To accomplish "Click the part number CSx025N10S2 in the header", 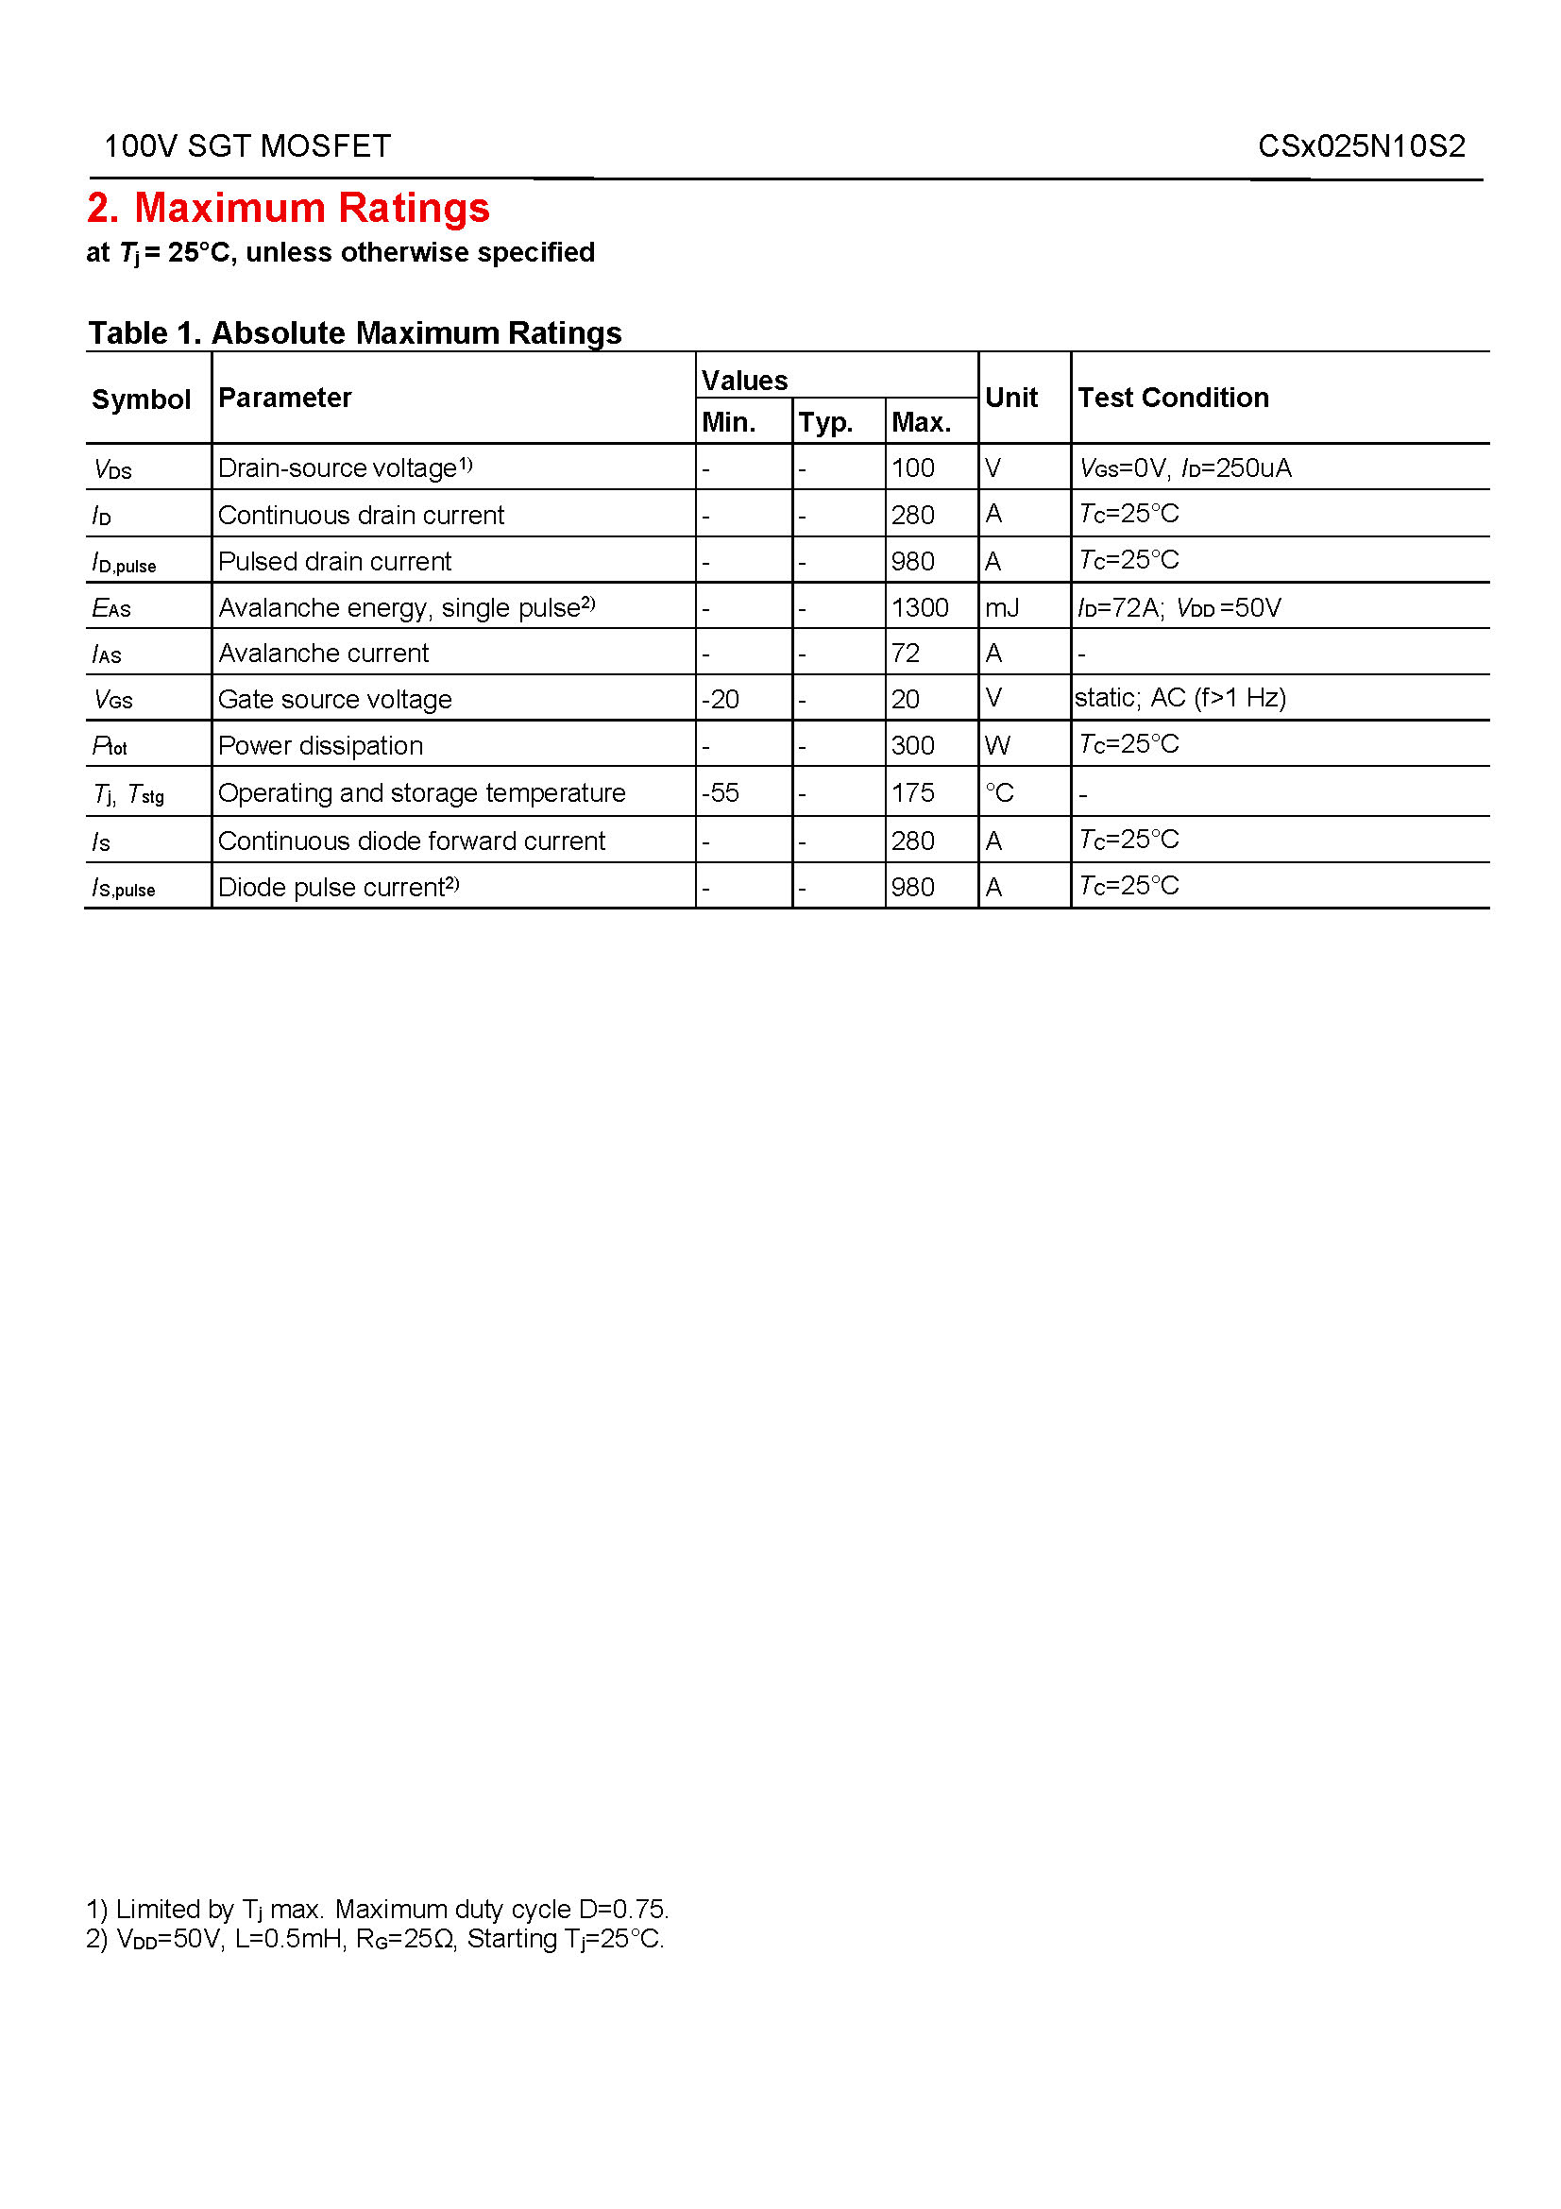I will coord(1361,146).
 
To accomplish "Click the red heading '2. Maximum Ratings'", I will coord(289,208).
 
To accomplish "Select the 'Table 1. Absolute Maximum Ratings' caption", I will coord(355,332).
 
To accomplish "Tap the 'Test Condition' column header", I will coord(1173,398).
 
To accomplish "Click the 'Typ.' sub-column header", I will coord(825,422).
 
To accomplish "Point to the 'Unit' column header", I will coord(1010,398).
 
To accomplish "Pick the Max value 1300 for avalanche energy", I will coord(920,608).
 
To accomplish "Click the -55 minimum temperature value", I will coord(721,792).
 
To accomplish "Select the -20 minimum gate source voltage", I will coord(721,700).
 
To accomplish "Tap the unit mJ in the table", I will coord(1001,608).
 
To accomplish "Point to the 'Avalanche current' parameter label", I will coord(323,654).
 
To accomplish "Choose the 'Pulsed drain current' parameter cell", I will coord(334,562).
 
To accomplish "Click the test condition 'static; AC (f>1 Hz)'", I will coord(1180,699).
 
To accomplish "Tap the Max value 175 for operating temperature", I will coord(913,792).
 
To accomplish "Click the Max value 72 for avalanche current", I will coord(905,654).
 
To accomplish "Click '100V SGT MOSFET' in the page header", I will coord(247,146).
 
